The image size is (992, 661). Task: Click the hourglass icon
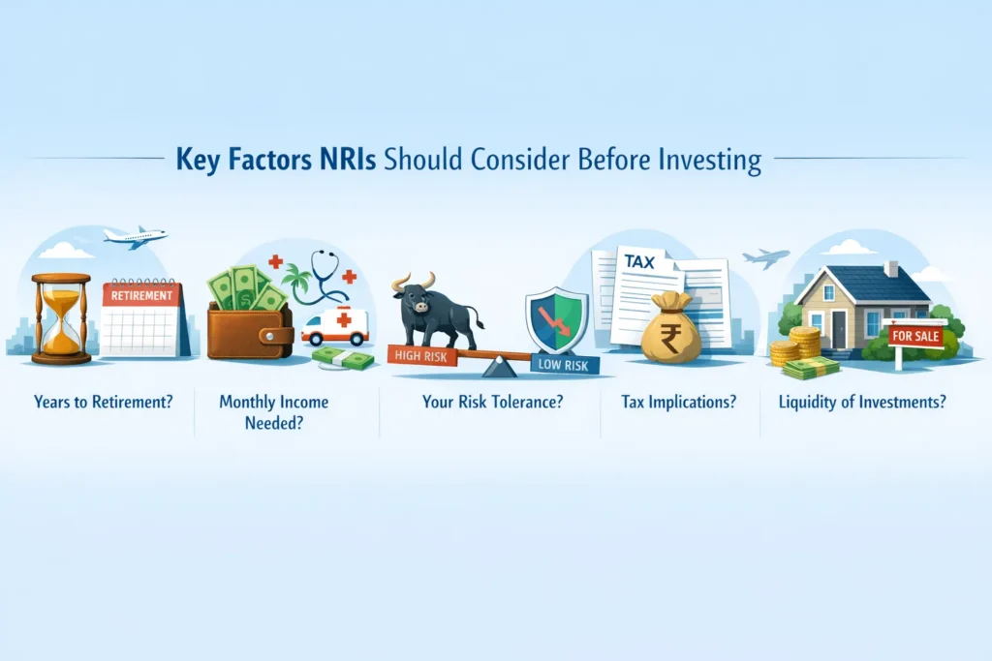pos(61,319)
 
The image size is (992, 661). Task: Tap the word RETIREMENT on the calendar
pos(141,296)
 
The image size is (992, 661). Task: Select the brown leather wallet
pos(251,331)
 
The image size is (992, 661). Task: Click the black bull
pos(437,310)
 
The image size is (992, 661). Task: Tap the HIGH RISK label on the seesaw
pos(421,356)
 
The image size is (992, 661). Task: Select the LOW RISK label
pos(563,365)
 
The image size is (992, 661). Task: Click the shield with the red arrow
pos(557,319)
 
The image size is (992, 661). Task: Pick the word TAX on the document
pos(639,261)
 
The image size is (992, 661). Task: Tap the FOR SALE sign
pos(915,336)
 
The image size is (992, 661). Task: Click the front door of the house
pos(839,329)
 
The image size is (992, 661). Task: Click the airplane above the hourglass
pos(136,236)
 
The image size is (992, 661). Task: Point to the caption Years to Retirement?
pos(103,402)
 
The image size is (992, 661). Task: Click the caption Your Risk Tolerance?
pos(492,402)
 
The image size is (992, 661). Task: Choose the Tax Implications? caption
pos(678,402)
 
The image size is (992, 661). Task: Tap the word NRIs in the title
pos(348,159)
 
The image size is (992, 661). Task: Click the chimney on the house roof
pos(891,269)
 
